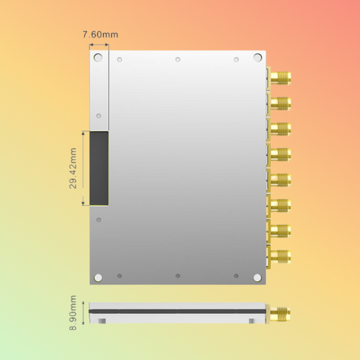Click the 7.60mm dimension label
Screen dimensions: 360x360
tap(99, 34)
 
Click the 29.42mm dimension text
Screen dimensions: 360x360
tap(74, 168)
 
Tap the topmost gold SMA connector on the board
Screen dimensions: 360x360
tap(281, 78)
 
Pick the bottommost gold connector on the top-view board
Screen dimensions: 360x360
tap(281, 255)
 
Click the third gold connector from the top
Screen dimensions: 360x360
tap(281, 128)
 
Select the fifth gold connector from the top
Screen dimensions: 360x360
tap(281, 179)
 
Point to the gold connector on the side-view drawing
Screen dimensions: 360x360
tap(281, 313)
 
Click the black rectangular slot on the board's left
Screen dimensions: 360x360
tap(99, 168)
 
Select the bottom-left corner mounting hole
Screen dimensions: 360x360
tap(99, 277)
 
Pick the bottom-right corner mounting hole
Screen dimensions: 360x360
tap(257, 277)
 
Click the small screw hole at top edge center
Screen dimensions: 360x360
tap(178, 59)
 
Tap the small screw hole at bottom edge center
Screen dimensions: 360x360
tap(178, 276)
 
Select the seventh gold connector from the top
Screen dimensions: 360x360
tap(281, 230)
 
